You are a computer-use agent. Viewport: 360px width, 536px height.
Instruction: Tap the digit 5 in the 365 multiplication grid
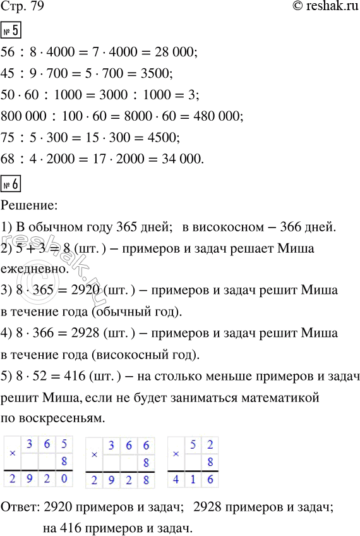[64, 444]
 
